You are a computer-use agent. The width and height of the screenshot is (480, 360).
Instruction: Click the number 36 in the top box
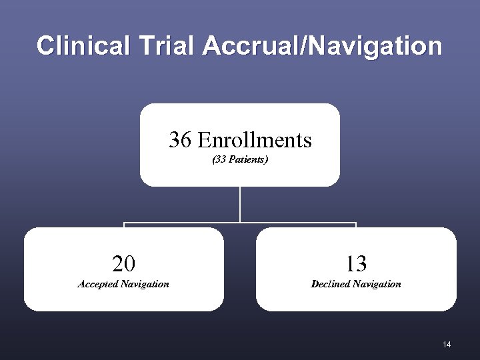click(179, 140)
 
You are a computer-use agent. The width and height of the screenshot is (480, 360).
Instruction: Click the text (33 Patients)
click(240, 160)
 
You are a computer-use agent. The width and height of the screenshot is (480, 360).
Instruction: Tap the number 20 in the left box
click(123, 265)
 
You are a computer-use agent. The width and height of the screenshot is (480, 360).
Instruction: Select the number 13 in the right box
click(356, 265)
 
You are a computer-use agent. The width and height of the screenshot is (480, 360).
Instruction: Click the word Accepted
click(98, 285)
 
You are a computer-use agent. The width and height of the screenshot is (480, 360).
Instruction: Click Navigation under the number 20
click(145, 285)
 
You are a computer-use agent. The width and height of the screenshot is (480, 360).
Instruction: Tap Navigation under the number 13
click(378, 285)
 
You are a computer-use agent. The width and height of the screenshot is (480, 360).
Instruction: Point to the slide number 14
click(447, 344)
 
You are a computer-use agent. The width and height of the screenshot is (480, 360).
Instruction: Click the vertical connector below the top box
click(240, 203)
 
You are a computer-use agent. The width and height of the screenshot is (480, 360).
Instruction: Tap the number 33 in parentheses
click(220, 160)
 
